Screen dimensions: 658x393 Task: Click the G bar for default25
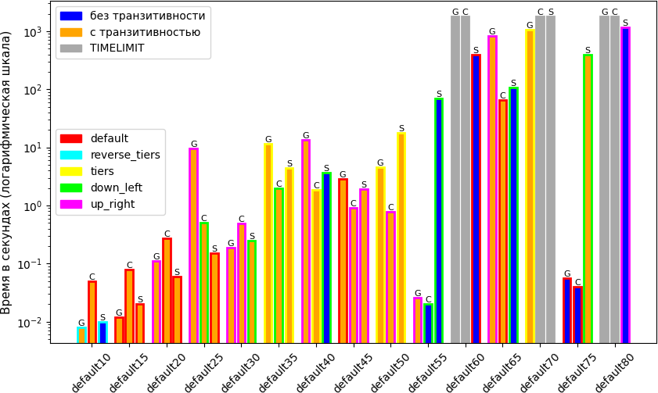(193, 245)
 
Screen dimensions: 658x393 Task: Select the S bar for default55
(439, 221)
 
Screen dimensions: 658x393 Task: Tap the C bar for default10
(92, 313)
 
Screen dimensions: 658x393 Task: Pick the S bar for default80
(625, 185)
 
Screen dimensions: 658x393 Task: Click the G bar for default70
(530, 187)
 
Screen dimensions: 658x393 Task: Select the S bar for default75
(588, 198)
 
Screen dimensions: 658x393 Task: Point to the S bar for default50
(401, 238)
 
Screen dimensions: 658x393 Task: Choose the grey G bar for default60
(455, 180)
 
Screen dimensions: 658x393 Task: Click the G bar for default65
(493, 189)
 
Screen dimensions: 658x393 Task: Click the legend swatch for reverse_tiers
(71, 155)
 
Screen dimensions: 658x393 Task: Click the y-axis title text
(7, 173)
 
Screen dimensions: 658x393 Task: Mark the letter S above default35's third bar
(289, 163)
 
